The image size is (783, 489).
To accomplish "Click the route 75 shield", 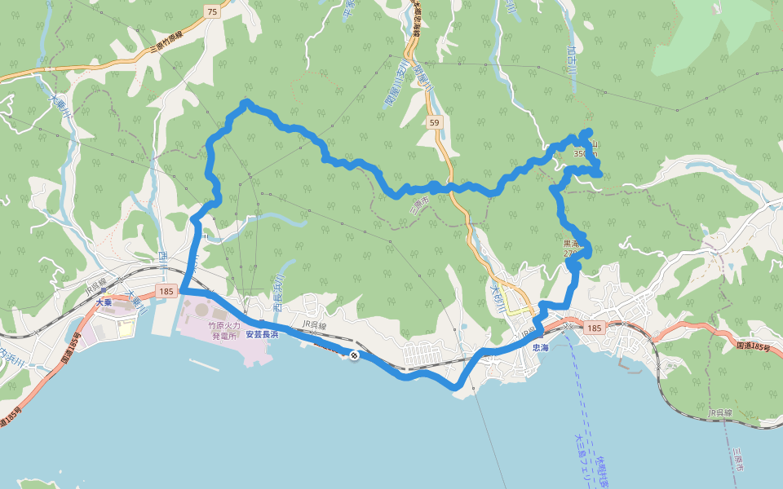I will click(212, 11).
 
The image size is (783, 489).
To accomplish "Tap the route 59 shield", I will click(433, 123).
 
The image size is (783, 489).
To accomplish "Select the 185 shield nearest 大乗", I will click(166, 291).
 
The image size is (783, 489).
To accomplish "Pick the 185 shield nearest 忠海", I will click(593, 328).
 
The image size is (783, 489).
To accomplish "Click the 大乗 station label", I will click(104, 302).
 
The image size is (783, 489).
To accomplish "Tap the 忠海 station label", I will click(540, 347).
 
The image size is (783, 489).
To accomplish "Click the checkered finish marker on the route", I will click(355, 355).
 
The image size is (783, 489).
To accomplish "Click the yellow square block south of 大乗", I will click(126, 328).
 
